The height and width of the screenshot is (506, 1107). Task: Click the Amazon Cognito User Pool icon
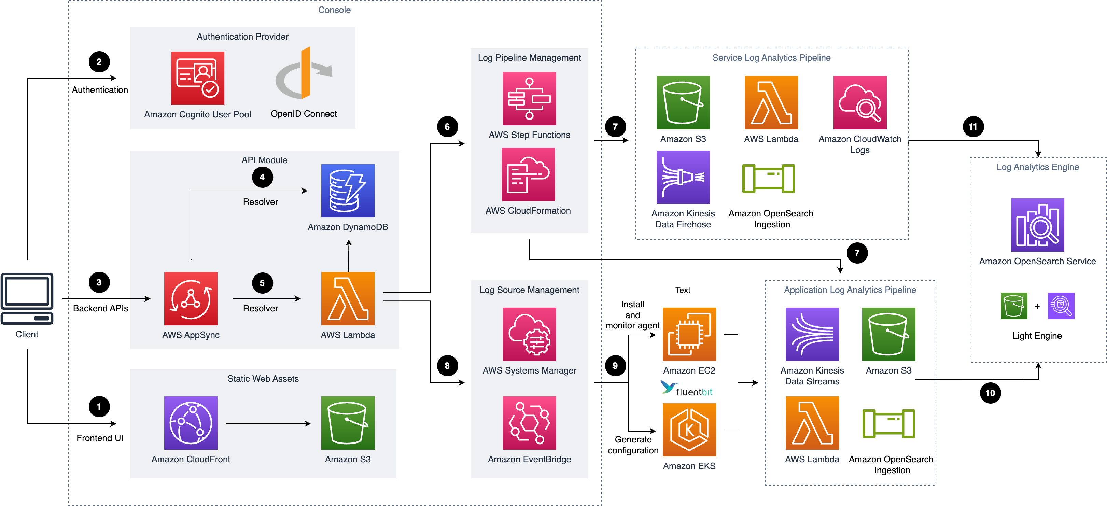(197, 78)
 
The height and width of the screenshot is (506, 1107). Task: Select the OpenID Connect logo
(304, 73)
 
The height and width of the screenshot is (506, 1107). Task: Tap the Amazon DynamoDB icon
(348, 191)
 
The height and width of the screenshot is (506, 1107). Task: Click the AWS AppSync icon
(191, 298)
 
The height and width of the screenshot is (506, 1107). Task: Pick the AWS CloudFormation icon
(528, 174)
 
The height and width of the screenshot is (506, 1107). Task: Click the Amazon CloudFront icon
(191, 423)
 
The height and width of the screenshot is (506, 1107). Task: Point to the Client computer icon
(27, 298)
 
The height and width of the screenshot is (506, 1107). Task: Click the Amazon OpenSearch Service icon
(1037, 225)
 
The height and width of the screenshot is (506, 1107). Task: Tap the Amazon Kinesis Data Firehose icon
(683, 177)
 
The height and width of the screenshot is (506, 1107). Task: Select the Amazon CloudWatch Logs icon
(859, 103)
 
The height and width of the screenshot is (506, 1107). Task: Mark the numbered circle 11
(973, 127)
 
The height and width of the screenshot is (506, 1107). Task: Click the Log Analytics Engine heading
(1037, 167)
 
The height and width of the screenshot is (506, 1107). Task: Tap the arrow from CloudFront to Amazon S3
(268, 423)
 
